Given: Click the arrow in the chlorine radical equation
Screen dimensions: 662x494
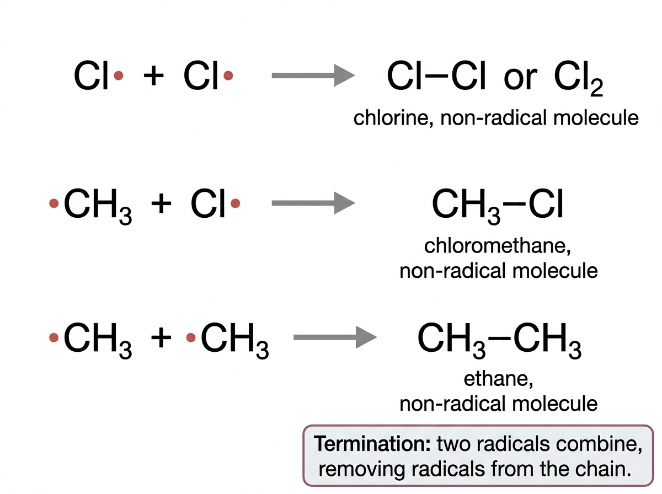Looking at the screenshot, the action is [313, 76].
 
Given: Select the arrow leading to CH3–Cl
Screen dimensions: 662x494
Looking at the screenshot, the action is [313, 203].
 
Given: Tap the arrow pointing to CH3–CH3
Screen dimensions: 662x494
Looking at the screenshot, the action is [335, 337].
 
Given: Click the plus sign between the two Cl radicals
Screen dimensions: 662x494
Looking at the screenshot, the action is [153, 76].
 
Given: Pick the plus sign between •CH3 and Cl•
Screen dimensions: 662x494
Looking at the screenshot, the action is [161, 203].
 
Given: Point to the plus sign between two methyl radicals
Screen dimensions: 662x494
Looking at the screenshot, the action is [161, 337].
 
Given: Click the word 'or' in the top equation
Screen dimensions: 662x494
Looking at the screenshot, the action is [520, 79].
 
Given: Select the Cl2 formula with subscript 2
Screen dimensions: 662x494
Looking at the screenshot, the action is [579, 78].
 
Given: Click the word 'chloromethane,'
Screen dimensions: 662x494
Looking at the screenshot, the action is [498, 246].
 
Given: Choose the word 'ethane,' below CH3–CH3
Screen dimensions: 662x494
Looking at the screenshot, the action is [498, 379].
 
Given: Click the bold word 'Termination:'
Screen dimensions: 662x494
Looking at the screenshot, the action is [372, 444].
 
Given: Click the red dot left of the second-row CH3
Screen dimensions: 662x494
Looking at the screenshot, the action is [54, 203].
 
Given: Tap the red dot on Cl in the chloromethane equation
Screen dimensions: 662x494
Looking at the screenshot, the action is [235, 203].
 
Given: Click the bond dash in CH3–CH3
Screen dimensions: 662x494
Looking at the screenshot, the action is [499, 337].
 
